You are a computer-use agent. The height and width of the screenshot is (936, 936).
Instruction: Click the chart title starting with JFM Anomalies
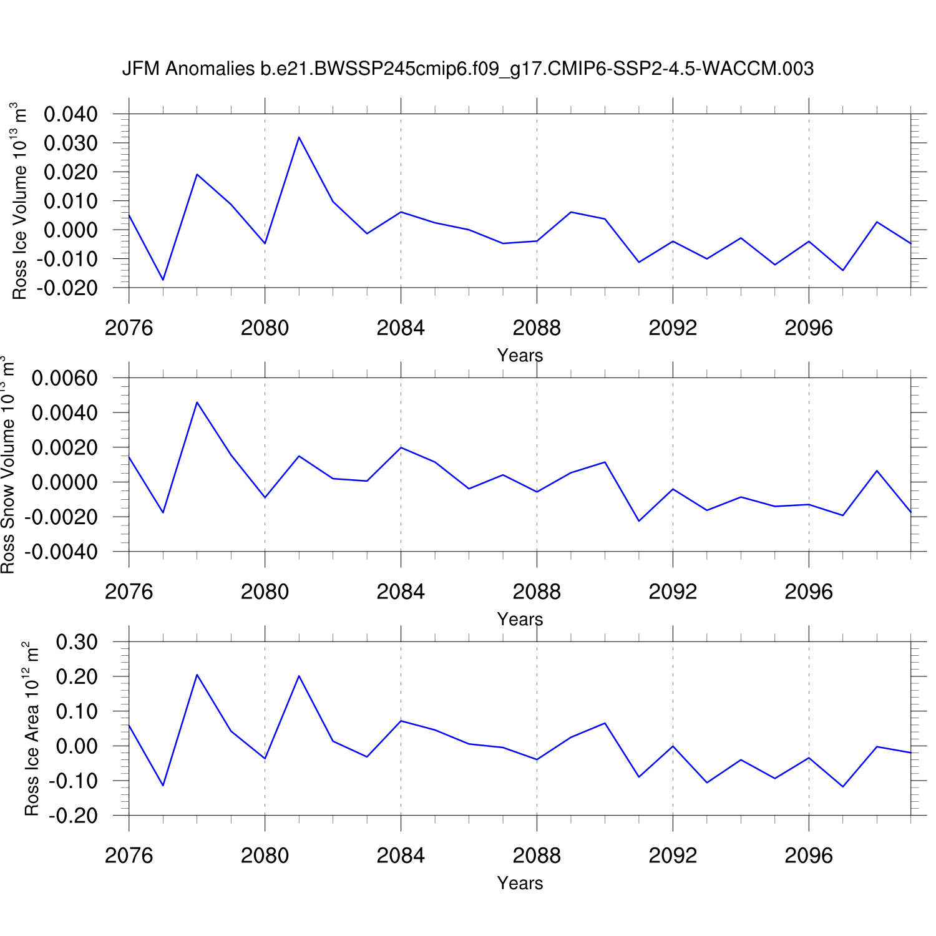[467, 69]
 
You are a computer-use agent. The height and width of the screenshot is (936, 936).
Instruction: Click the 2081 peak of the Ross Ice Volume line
[299, 137]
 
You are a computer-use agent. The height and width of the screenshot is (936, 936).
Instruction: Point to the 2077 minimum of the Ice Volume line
[163, 280]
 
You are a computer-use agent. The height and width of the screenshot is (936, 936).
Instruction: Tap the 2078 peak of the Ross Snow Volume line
[197, 402]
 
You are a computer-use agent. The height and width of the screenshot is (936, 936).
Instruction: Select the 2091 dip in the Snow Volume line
[639, 520]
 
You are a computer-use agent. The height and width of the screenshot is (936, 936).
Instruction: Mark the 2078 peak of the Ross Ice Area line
[197, 675]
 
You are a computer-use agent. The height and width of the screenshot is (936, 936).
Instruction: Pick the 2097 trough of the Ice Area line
[843, 786]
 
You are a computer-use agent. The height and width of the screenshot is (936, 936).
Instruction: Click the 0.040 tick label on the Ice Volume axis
[71, 114]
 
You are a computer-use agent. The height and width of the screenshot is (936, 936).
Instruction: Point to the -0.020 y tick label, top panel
[67, 288]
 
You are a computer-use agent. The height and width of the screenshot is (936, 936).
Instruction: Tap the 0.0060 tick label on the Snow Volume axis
[65, 378]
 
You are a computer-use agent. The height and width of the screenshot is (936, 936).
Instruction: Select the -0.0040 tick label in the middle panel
[61, 552]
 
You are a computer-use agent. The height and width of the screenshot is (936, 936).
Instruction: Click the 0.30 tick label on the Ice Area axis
[77, 642]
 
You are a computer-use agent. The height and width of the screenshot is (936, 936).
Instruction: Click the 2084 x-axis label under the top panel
[401, 328]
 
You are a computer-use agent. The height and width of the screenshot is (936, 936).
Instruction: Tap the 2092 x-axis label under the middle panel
[673, 592]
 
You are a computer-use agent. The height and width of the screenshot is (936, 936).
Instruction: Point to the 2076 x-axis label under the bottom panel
[129, 856]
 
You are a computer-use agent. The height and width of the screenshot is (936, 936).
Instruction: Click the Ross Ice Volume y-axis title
[20, 201]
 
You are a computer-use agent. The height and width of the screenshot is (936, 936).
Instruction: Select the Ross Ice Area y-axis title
[31, 728]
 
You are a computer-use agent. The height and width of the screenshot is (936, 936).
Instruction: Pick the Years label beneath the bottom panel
[520, 884]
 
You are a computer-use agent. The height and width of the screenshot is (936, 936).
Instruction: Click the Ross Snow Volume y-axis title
[7, 465]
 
